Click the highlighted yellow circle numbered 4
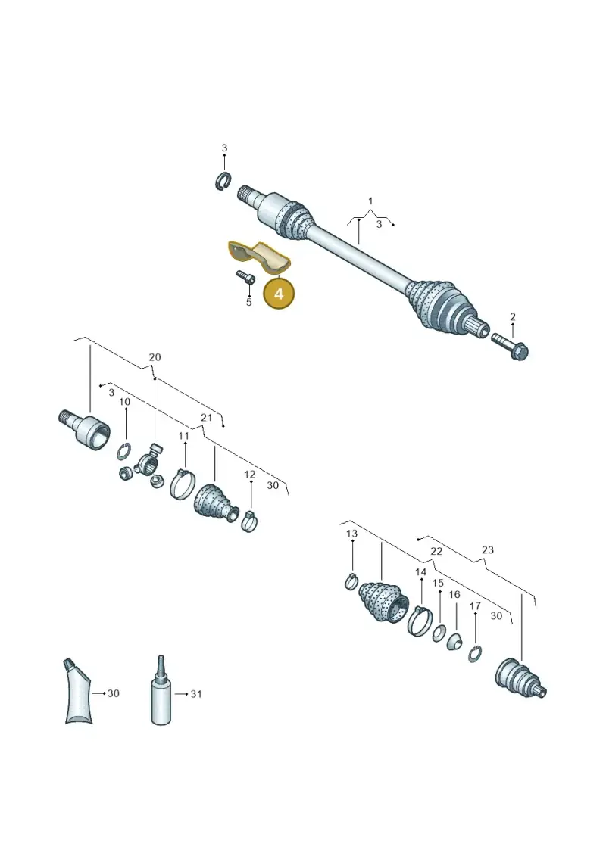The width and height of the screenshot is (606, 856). [279, 293]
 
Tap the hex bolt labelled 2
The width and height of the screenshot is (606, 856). [510, 346]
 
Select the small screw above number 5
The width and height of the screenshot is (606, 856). [245, 277]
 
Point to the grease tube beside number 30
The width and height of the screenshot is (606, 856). [77, 690]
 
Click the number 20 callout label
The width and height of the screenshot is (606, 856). [155, 357]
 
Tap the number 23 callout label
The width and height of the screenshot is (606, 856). [487, 549]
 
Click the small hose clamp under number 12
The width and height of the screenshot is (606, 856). [249, 521]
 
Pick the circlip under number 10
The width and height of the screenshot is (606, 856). [124, 451]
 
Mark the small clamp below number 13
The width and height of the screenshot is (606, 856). [351, 582]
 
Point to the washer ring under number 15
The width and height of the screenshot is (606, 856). [439, 633]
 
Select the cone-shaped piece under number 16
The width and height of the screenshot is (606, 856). [454, 642]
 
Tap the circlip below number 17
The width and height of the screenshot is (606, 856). [475, 653]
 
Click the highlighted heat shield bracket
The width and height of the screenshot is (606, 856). [258, 257]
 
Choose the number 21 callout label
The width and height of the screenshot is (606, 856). [206, 418]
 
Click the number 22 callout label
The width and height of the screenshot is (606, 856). [436, 552]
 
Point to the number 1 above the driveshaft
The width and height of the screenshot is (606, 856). [370, 201]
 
